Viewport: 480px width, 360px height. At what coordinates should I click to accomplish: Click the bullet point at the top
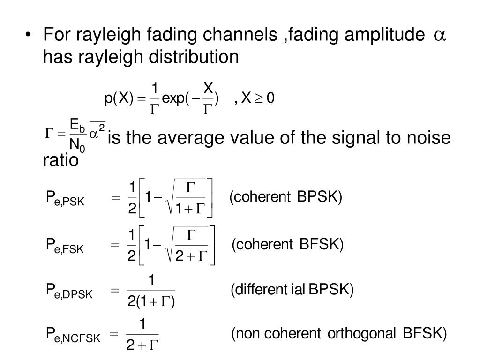pyautogui.click(x=30, y=35)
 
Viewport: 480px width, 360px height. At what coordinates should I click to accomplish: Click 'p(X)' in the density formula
pyautogui.click(x=119, y=98)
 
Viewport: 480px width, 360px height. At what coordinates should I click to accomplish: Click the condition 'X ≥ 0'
pyautogui.click(x=257, y=98)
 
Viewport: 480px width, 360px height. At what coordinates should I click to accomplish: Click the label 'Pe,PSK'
pyautogui.click(x=65, y=199)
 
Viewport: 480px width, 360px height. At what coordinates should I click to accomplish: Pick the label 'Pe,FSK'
pyautogui.click(x=65, y=246)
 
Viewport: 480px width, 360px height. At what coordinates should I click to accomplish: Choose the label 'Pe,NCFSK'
pyautogui.click(x=73, y=335)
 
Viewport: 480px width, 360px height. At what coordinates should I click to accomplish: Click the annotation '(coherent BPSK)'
pyautogui.click(x=286, y=197)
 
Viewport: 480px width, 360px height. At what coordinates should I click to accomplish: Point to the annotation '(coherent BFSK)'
pyautogui.click(x=287, y=244)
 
